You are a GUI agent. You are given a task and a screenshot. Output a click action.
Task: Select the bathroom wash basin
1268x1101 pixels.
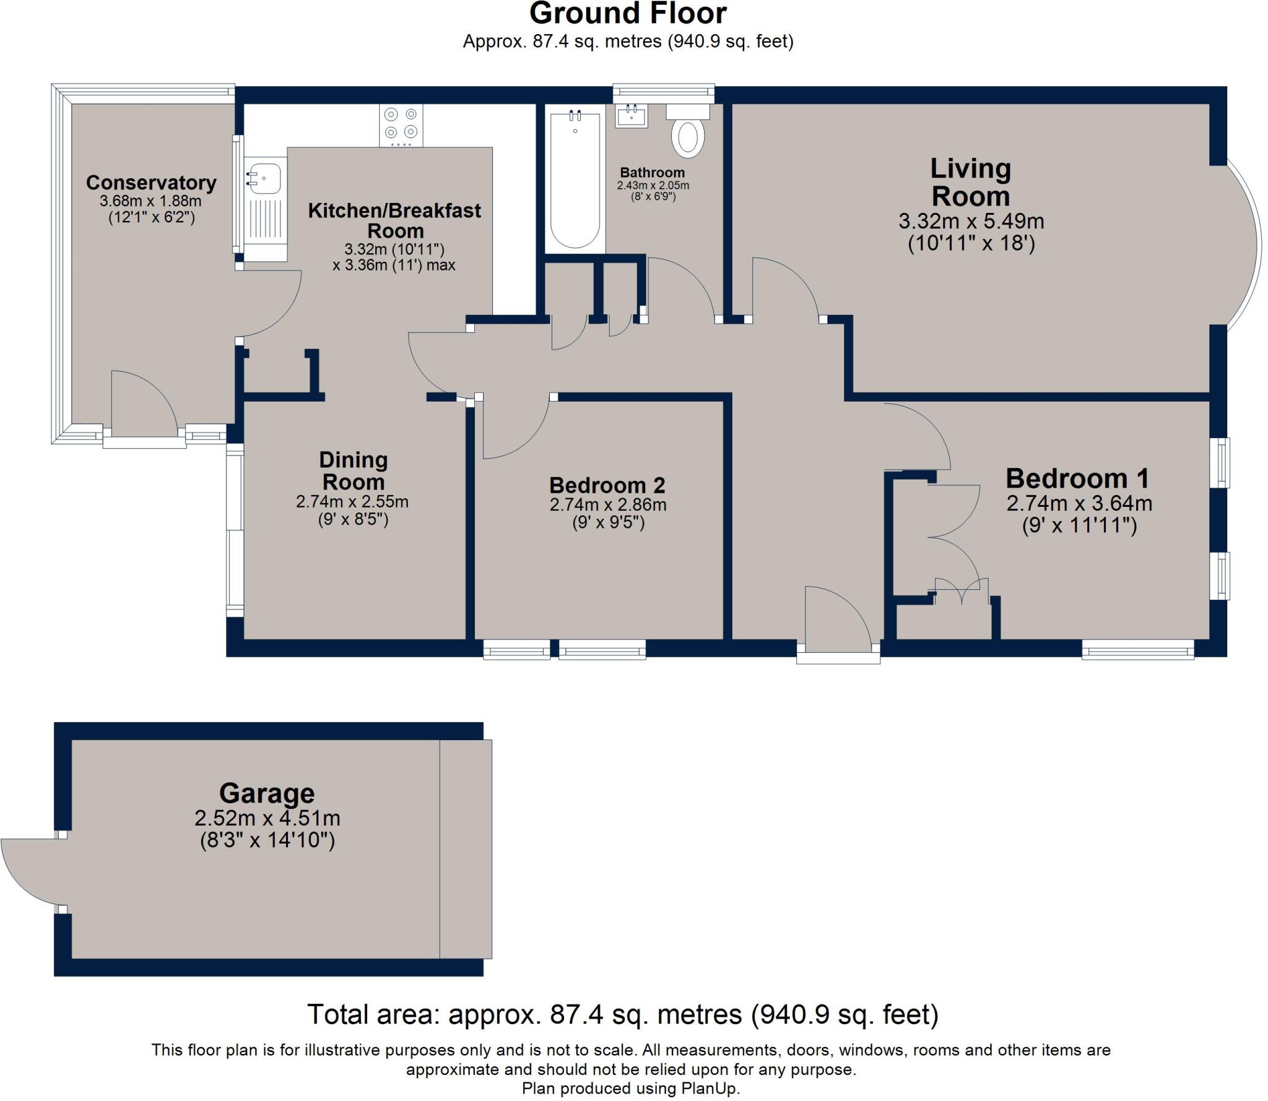tap(631, 116)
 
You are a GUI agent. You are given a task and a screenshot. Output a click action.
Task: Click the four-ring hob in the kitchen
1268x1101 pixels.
tap(401, 124)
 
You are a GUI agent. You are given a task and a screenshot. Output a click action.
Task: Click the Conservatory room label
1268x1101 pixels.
tap(151, 183)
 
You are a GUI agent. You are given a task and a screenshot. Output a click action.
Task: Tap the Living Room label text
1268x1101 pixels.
tap(970, 183)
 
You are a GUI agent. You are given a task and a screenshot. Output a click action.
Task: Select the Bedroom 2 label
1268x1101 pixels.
tap(607, 485)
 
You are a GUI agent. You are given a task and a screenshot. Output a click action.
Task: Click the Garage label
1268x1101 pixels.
tap(267, 793)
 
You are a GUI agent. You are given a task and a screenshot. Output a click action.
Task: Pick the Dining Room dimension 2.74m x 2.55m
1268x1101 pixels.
tap(352, 501)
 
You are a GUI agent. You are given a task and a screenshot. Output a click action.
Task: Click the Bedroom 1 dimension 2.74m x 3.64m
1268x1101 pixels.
tap(1079, 503)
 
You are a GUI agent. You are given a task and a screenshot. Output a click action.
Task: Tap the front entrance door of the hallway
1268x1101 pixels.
tap(837, 619)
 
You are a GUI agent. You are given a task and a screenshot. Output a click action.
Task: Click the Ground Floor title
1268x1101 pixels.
tap(628, 14)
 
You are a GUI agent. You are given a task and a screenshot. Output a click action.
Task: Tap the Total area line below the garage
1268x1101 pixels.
tap(623, 1015)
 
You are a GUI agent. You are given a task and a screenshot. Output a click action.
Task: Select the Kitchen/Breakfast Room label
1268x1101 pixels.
tap(394, 220)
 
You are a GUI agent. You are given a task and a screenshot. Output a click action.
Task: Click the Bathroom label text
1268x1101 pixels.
tap(653, 173)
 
